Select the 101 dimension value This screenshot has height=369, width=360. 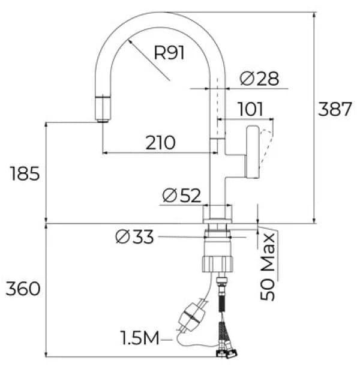(250, 109)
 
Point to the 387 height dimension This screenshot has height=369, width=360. (335, 109)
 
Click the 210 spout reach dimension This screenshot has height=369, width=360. (160, 143)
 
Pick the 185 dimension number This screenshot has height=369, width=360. (25, 173)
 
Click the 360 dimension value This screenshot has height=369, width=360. (23, 289)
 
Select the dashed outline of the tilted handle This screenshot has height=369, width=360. (266, 143)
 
